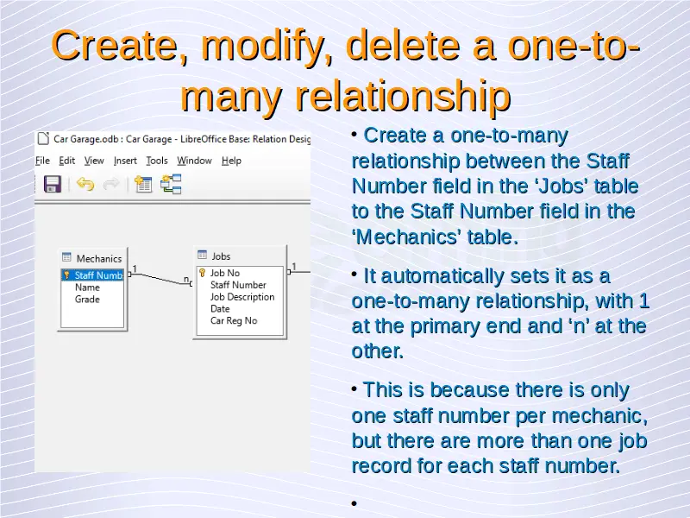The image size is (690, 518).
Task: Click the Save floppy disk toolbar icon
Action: (53, 184)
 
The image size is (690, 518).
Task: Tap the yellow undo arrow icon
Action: (85, 184)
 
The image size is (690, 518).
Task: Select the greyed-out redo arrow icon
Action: (111, 184)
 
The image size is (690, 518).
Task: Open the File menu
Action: (42, 161)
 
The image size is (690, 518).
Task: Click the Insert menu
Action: (125, 161)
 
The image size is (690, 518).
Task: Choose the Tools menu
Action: (157, 161)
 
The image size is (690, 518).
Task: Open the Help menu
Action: (231, 161)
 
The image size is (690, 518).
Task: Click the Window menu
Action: (194, 161)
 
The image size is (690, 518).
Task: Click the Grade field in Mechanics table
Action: (87, 299)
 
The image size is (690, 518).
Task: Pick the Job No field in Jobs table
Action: (225, 273)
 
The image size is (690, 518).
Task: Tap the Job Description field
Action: (242, 297)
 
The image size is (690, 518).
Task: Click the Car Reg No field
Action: (234, 320)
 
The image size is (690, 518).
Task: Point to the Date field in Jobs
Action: (220, 309)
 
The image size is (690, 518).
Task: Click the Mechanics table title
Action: (98, 258)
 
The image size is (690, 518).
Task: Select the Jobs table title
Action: (221, 256)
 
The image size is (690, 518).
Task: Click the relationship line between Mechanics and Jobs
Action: (160, 279)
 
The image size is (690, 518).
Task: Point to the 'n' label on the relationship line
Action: (186, 279)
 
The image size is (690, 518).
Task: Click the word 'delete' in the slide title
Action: (403, 46)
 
